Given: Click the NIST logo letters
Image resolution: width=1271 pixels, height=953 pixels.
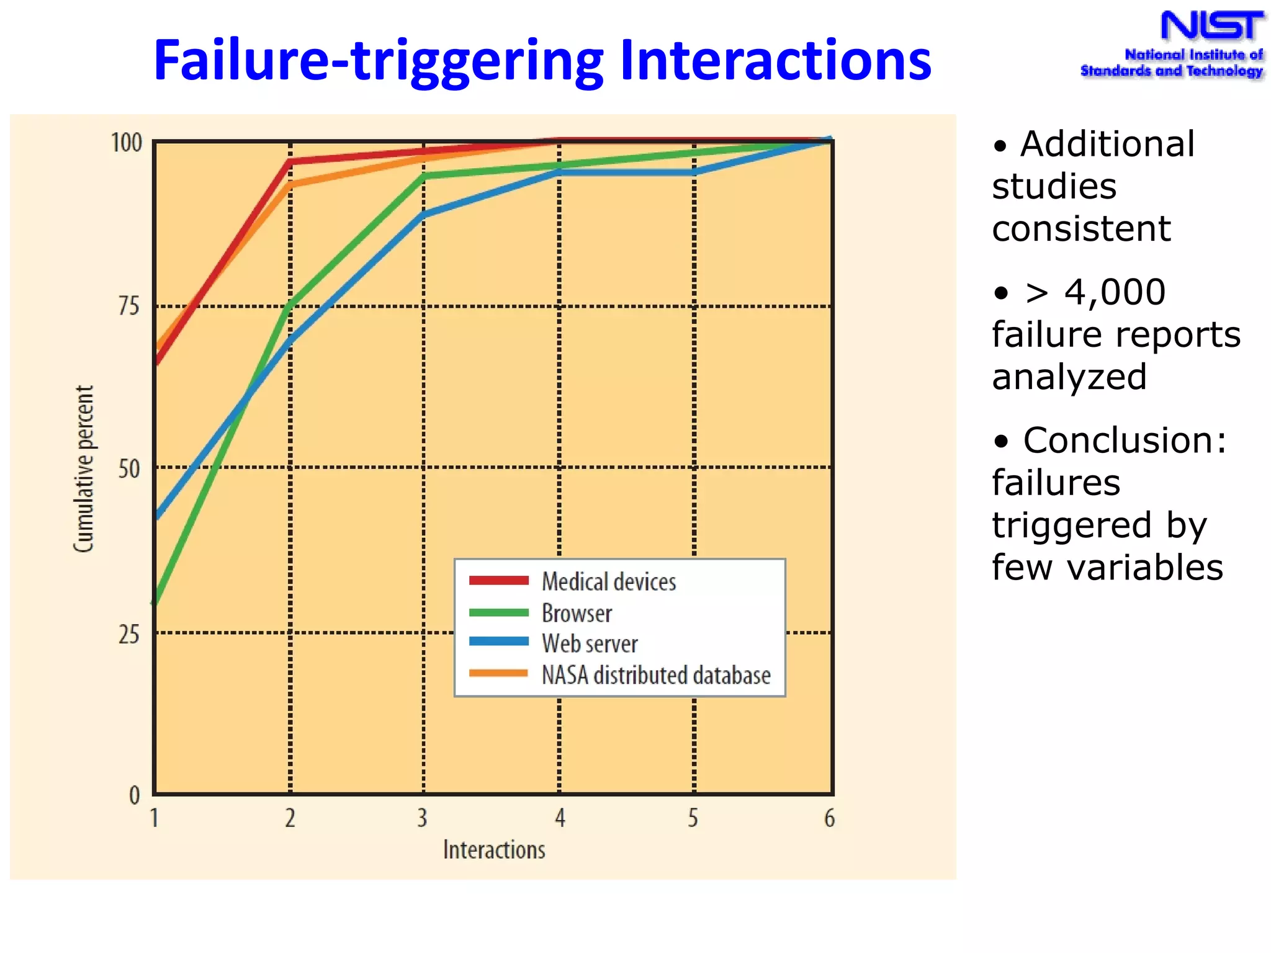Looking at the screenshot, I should pos(1211,27).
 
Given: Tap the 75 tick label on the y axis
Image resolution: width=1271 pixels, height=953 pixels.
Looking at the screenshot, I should pos(128,306).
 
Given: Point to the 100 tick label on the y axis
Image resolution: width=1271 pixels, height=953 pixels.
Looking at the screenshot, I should pos(126,143).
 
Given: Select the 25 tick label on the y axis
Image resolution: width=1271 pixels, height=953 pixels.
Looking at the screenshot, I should pos(128,634).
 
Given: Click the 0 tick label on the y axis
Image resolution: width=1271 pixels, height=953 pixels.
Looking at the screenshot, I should pos(134,795).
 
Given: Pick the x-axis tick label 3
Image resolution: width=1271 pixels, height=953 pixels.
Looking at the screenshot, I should pos(422,818).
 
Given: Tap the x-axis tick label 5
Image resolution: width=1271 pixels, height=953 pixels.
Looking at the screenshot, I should pos(693,818).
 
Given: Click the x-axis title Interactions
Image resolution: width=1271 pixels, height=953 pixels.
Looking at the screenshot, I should pos(494,849).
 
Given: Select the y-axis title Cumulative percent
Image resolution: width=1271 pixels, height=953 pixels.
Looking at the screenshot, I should pos(83,468).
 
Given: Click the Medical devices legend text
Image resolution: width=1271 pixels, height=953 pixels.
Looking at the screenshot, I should pos(609,582).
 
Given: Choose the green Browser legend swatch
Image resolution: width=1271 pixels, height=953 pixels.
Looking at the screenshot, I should pos(498,613).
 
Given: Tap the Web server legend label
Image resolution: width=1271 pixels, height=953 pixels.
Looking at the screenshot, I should pos(590,644).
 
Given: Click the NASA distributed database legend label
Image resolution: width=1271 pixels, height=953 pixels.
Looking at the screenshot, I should pos(656,675).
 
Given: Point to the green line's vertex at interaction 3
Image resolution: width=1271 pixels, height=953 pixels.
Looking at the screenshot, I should pos(424,176).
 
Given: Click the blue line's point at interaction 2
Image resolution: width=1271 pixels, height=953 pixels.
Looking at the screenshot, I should pos(290,340).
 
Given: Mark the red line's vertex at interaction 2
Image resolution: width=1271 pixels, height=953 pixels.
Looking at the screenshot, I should pos(290,162).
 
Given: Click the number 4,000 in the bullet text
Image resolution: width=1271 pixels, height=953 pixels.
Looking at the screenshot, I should pos(1115,292).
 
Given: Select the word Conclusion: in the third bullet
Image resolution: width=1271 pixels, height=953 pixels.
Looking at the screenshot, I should pos(1125,441).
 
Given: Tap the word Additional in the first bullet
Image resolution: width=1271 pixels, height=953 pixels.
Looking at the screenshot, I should pos(1107,145).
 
